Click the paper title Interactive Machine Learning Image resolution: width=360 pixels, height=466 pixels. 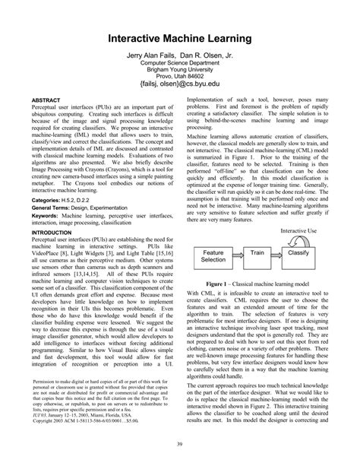coord(180,38)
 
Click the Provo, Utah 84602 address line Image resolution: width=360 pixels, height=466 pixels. coord(180,77)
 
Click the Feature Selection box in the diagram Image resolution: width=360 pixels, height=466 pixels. coord(213,256)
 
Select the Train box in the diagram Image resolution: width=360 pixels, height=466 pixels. coord(257,252)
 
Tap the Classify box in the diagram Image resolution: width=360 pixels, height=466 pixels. coord(298,252)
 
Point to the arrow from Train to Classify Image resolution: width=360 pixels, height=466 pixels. coord(277,252)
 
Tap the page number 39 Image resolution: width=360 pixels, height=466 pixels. coord(180,444)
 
